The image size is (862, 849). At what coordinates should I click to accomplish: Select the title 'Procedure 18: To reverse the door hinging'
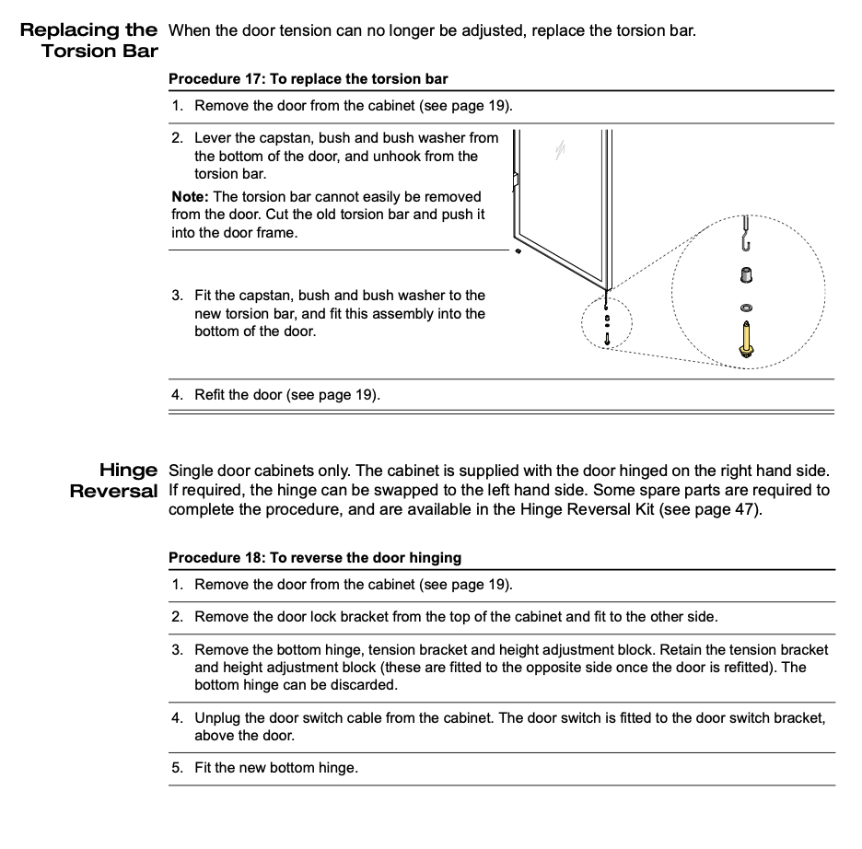(x=315, y=558)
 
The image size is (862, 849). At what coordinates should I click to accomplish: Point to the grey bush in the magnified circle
(x=745, y=274)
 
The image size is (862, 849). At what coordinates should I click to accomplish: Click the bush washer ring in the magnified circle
(x=745, y=305)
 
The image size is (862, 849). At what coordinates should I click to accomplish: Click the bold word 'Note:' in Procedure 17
(x=190, y=197)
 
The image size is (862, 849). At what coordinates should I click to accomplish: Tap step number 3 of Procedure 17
(x=177, y=296)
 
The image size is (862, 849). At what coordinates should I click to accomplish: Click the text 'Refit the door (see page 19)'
(x=286, y=395)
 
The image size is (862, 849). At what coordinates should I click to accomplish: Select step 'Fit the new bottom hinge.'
(x=275, y=767)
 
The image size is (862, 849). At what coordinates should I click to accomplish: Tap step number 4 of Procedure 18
(x=177, y=718)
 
